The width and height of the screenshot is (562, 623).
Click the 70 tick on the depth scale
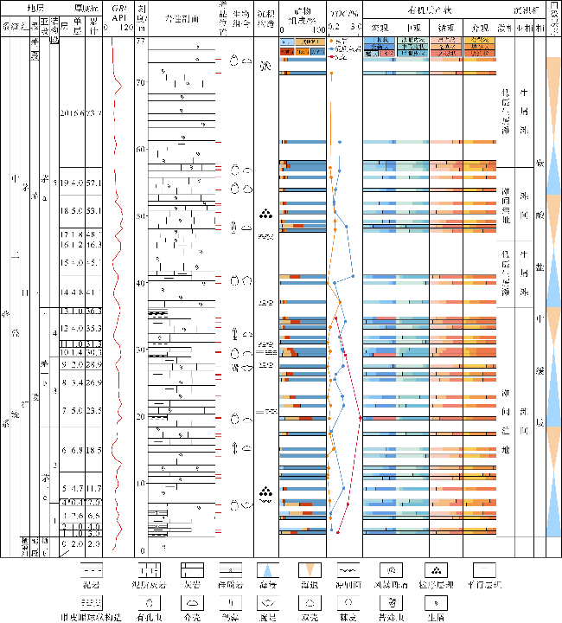pyautogui.click(x=141, y=82)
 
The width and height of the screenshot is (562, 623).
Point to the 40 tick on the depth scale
pyautogui.click(x=141, y=283)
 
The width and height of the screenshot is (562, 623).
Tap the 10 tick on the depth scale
pyautogui.click(x=141, y=483)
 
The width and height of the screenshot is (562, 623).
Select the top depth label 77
pyautogui.click(x=141, y=42)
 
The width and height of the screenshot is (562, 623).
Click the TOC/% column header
pyautogui.click(x=344, y=16)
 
